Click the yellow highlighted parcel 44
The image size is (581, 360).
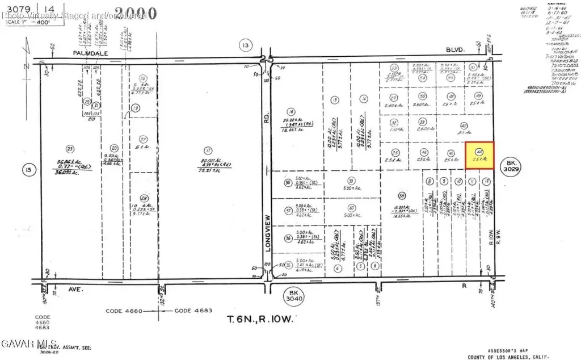[x=479, y=155]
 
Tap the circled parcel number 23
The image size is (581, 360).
[x=70, y=149]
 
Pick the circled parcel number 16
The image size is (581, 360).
[x=292, y=112]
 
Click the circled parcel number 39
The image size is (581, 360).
[x=351, y=181]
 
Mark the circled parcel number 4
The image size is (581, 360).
[x=338, y=268]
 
